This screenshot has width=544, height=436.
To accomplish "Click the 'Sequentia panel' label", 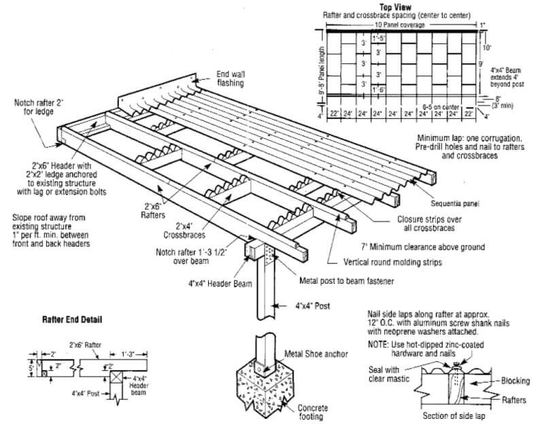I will [455, 203].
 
